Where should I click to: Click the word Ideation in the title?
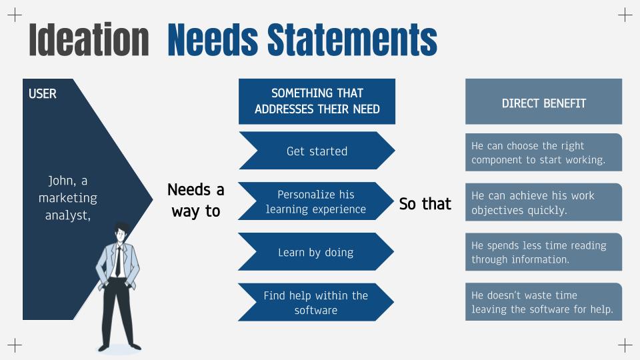pyautogui.click(x=89, y=39)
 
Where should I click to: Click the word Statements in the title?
pyautogui.click(x=352, y=39)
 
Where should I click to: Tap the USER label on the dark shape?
pyautogui.click(x=43, y=94)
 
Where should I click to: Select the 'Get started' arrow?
pyautogui.click(x=317, y=151)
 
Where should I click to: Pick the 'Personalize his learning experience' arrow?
pyautogui.click(x=316, y=201)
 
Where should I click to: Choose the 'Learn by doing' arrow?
pyautogui.click(x=316, y=252)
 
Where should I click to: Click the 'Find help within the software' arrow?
pyautogui.click(x=316, y=302)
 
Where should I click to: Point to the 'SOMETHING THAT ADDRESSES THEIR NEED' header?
pyautogui.click(x=317, y=101)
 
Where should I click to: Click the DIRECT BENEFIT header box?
pyautogui.click(x=544, y=101)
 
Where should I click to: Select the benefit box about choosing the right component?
pyautogui.click(x=544, y=152)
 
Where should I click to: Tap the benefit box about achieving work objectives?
pyautogui.click(x=544, y=202)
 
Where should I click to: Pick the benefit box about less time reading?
pyautogui.click(x=544, y=252)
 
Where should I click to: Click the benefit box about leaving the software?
pyautogui.click(x=544, y=301)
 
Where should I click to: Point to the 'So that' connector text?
pyautogui.click(x=425, y=204)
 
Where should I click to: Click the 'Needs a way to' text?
pyautogui.click(x=196, y=201)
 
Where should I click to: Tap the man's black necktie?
pyautogui.click(x=119, y=261)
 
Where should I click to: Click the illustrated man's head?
pyautogui.click(x=121, y=233)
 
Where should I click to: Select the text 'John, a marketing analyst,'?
pyautogui.click(x=68, y=197)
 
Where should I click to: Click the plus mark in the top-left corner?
pyautogui.click(x=15, y=15)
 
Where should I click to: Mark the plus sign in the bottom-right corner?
pyautogui.click(x=625, y=345)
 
